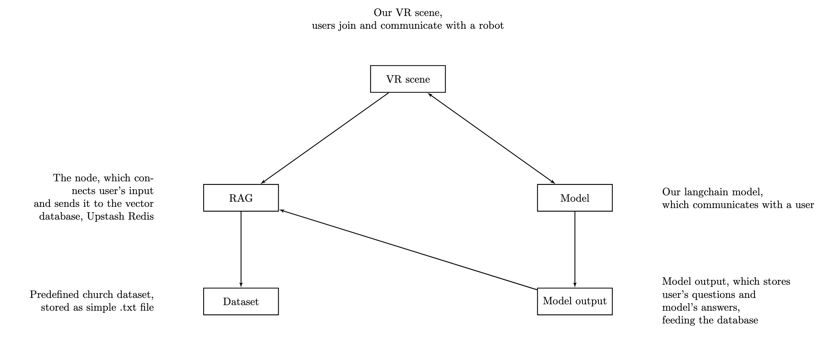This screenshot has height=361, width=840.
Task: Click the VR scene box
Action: point(408,79)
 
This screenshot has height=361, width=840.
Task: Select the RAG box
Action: point(241,198)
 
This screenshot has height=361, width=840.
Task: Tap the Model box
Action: point(575,198)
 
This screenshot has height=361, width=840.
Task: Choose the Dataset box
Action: point(241,301)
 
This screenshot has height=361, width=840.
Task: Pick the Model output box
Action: point(575,301)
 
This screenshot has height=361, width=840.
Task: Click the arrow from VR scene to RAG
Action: point(325,138)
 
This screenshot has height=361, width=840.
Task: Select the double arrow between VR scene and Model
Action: point(491,138)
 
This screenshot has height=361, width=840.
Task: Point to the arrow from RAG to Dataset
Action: point(241,249)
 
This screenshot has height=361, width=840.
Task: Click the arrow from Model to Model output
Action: point(575,249)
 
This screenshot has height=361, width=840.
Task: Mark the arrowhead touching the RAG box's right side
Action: point(281,210)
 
